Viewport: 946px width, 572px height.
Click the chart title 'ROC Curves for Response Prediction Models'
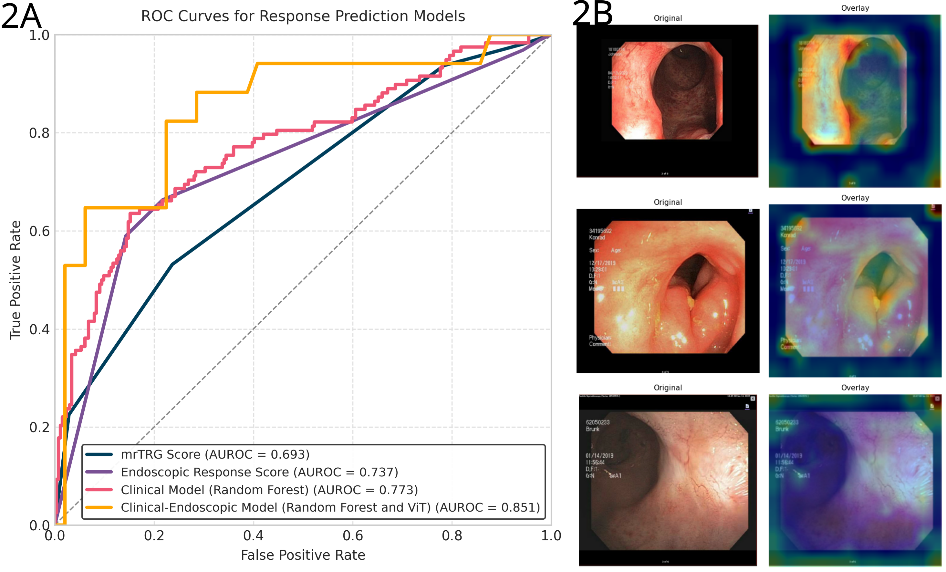coord(303,16)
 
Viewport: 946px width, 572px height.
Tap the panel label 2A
coord(21,16)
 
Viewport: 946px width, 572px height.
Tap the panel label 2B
coord(592,14)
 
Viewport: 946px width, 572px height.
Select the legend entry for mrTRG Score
coord(215,454)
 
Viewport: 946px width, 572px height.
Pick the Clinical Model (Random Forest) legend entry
coord(269,490)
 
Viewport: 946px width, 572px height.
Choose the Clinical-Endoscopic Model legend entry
coord(330,507)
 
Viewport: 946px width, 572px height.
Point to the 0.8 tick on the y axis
coord(39,133)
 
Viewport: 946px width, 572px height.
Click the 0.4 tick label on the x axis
coord(254,536)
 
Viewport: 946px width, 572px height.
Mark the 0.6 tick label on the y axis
coord(39,231)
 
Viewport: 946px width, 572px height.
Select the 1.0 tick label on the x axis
coord(551,536)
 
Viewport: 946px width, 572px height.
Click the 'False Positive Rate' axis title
coord(303,555)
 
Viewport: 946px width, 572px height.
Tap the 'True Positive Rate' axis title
coord(16,280)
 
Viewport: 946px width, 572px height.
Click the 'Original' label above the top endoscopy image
coord(668,18)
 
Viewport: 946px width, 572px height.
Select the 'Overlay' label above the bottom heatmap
coord(855,387)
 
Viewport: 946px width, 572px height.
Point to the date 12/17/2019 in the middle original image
coord(602,263)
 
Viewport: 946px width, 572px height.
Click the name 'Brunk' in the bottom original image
coord(592,429)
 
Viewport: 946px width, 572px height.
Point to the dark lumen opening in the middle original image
coord(691,273)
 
